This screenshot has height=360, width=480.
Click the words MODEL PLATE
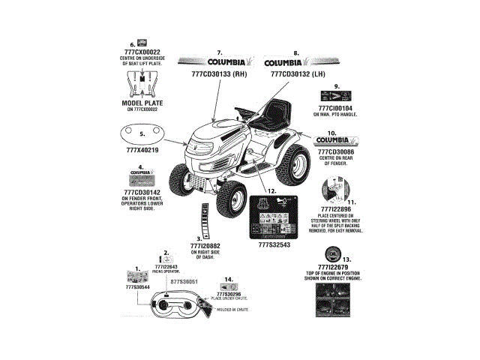coord(141,103)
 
